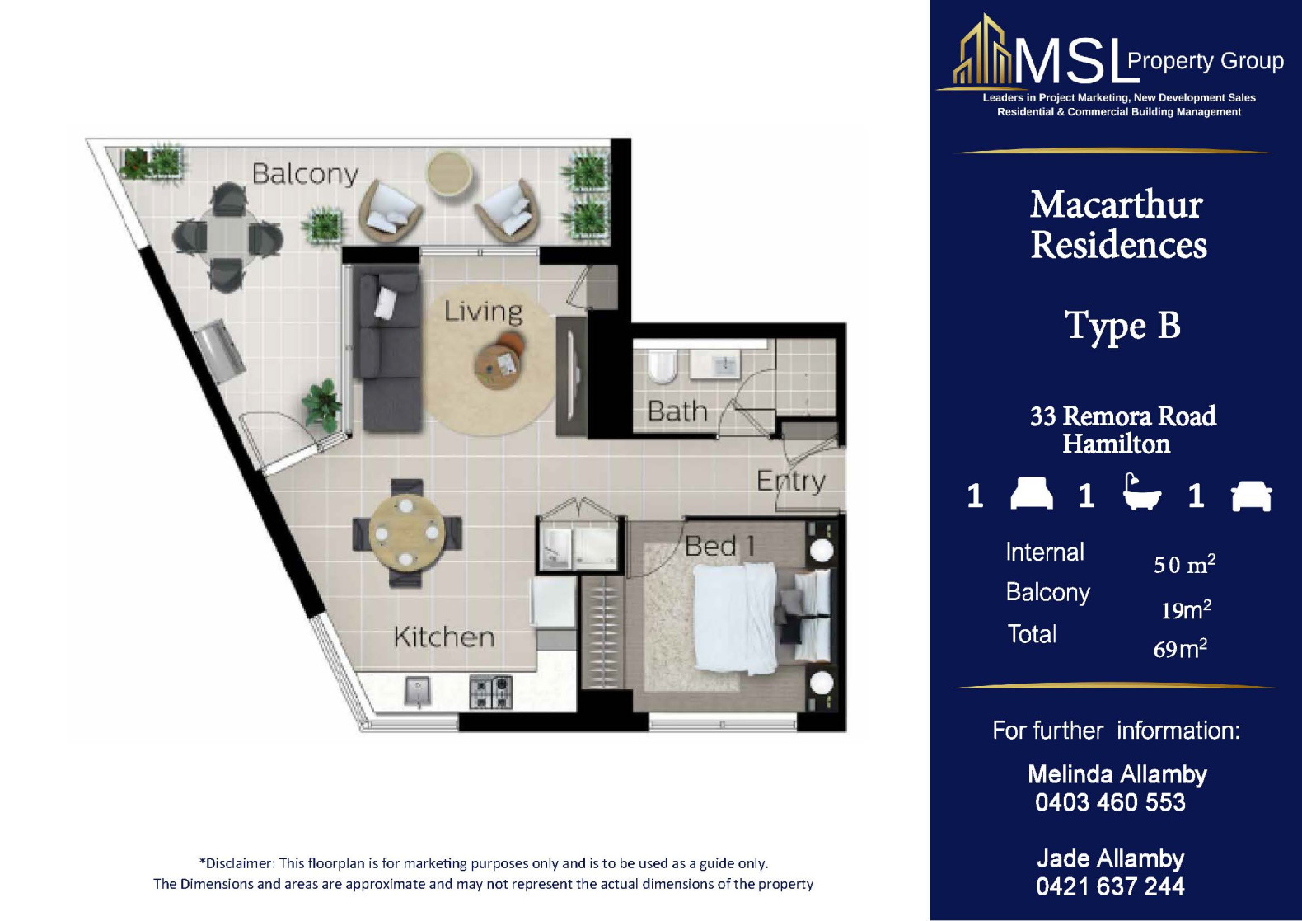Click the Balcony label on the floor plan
(x=305, y=174)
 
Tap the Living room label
(x=483, y=312)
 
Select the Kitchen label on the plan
(x=444, y=637)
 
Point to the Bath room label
(x=677, y=411)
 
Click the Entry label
(x=791, y=481)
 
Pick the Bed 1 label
(x=719, y=546)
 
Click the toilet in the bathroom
(x=662, y=366)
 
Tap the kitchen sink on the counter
(x=417, y=692)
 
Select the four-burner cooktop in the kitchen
(x=490, y=692)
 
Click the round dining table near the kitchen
(x=407, y=533)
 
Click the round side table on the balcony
(x=449, y=173)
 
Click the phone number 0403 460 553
(x=1110, y=802)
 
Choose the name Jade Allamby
(x=1110, y=859)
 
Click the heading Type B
(x=1122, y=327)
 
